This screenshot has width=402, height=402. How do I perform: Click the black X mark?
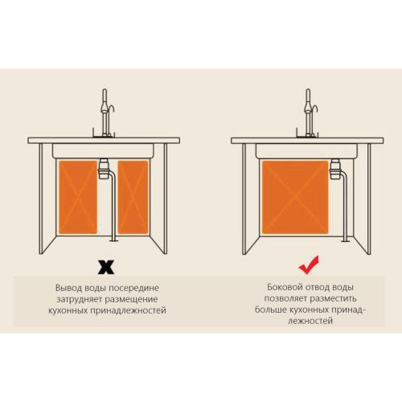point(106,267)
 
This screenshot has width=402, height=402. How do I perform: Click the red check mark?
point(309,265)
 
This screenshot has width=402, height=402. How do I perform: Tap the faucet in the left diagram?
point(105,113)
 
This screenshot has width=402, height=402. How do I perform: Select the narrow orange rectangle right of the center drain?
point(133,197)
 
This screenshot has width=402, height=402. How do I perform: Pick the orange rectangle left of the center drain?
point(78,197)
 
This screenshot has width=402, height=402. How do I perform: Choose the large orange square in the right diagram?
point(295,197)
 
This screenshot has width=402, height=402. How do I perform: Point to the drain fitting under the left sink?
point(104,169)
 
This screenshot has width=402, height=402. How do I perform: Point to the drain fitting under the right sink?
point(335,169)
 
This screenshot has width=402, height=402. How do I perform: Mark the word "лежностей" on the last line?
point(310,321)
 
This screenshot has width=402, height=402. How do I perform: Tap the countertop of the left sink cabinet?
point(104,141)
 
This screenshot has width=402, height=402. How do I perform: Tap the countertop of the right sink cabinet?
point(307,141)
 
